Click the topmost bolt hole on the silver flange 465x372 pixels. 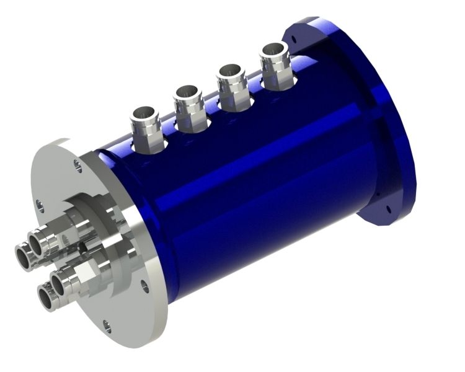click(77, 165)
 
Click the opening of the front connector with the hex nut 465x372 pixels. click(60, 283)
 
